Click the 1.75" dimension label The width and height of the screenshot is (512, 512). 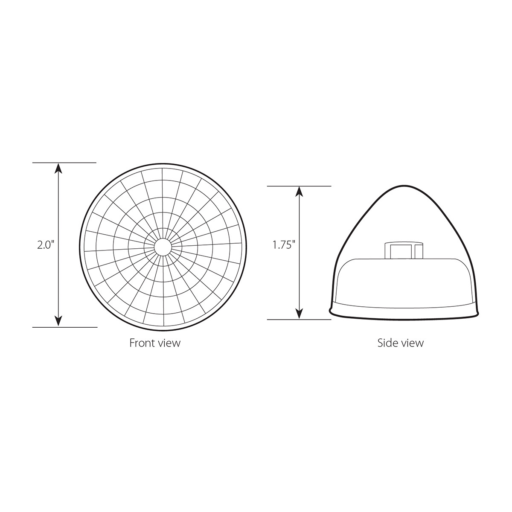[x=284, y=245]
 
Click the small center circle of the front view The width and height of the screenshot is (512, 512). [x=163, y=247]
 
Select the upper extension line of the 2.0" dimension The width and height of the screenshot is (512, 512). [x=64, y=163]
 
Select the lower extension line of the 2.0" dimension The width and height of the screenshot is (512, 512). [x=64, y=327]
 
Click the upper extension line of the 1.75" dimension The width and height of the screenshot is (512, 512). [x=299, y=186]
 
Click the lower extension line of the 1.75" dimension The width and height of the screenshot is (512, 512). [x=299, y=319]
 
